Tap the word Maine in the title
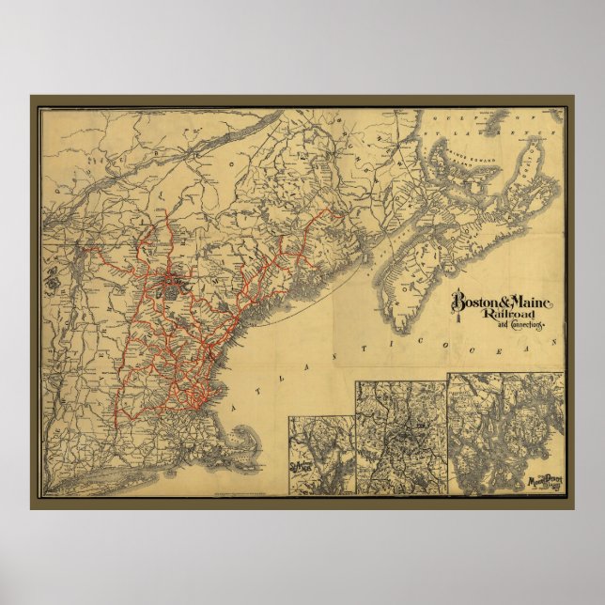coord(533,302)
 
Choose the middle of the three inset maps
coord(399,437)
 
